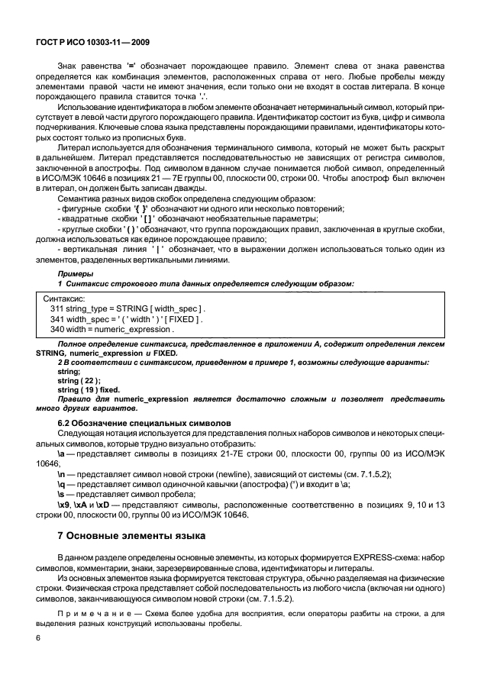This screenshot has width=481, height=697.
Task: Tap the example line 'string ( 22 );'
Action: pyautogui.click(x=79, y=380)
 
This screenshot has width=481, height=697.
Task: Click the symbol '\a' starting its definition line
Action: pyautogui.click(x=62, y=454)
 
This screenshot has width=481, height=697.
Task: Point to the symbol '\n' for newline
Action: pyautogui.click(x=62, y=474)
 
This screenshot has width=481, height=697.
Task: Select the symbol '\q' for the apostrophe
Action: pyautogui.click(x=62, y=485)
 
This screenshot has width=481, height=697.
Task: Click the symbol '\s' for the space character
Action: pyautogui.click(x=62, y=495)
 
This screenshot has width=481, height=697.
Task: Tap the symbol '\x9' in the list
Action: pyautogui.click(x=64, y=505)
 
